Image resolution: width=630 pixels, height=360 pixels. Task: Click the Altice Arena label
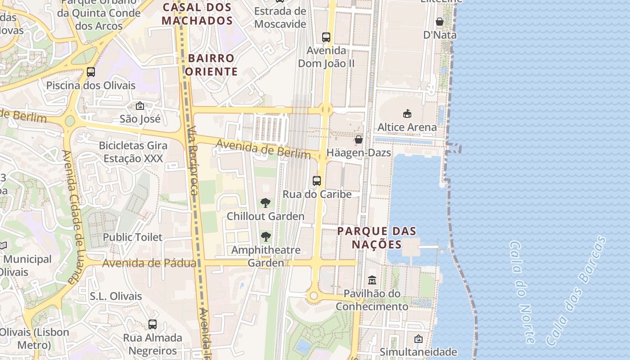coord(407,127)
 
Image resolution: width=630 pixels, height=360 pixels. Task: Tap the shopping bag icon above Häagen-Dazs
coord(359,139)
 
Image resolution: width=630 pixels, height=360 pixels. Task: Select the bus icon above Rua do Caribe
coord(317,181)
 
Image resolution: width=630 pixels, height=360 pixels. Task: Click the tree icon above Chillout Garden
coord(265,203)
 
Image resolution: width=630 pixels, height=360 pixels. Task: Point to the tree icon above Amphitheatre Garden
coord(266,236)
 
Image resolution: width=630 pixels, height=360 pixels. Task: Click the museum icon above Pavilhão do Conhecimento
coord(372,280)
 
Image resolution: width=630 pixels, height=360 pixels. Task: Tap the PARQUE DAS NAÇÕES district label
coord(377,238)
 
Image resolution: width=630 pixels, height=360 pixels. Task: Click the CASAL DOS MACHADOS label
coord(197,14)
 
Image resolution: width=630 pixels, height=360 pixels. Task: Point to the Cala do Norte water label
coord(522,292)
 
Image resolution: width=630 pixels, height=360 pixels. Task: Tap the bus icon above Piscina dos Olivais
coord(91,72)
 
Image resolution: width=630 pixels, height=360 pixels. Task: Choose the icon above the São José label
coord(140,106)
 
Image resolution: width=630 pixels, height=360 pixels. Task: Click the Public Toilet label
coord(133,237)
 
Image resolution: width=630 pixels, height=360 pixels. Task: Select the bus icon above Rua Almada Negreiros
coord(153,324)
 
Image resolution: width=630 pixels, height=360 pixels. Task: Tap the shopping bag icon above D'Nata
coord(440,22)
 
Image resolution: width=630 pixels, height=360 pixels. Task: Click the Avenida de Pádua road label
coord(149,263)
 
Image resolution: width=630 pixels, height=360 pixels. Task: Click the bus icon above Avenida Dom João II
coord(326,37)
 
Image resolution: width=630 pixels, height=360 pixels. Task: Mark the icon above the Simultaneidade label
coord(418,339)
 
